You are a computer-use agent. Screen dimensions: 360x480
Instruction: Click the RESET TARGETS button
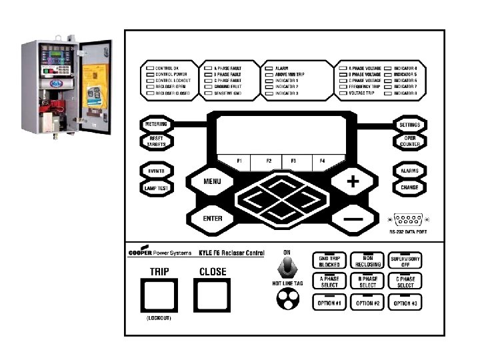tap(157, 141)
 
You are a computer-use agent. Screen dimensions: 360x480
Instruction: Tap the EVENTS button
tap(157, 171)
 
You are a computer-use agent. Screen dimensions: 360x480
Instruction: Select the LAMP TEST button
tap(157, 188)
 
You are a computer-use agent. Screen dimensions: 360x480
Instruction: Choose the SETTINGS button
tap(409, 125)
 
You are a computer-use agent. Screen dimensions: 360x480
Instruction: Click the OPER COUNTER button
tap(409, 141)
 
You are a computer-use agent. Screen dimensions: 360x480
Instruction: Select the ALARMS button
tap(409, 171)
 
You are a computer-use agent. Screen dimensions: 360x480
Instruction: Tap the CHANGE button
tap(409, 188)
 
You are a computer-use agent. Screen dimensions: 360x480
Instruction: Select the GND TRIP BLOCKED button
tap(329, 261)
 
